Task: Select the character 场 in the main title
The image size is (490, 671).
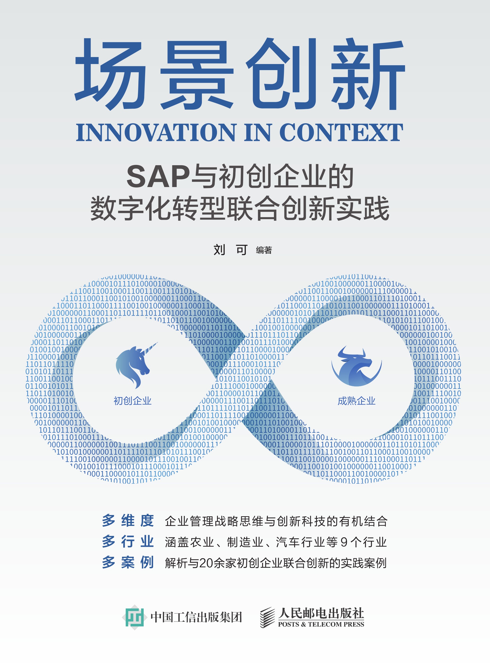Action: tap(110, 74)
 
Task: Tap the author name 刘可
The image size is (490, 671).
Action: tap(231, 250)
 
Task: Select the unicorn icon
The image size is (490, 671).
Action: tap(133, 366)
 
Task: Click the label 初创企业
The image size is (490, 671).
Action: tap(133, 401)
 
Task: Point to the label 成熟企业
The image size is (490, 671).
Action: tap(356, 401)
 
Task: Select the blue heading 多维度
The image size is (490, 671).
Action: tap(128, 521)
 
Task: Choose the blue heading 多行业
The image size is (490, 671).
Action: tap(128, 542)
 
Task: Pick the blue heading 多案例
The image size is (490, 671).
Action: tap(128, 563)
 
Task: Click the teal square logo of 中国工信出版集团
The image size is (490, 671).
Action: tap(135, 617)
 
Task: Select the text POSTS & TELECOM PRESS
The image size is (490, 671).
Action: tap(321, 624)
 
